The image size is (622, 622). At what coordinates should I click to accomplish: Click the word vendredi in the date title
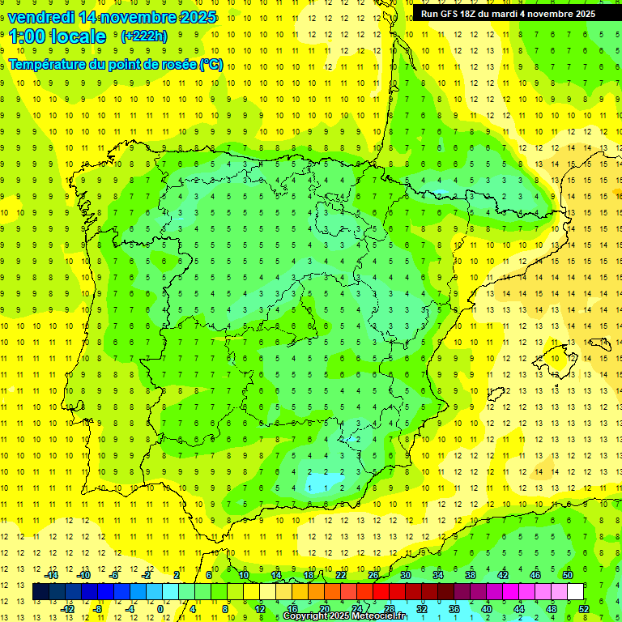point(40,17)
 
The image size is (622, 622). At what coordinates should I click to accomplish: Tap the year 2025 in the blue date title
point(194,17)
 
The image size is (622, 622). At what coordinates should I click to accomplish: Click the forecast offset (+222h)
point(143,36)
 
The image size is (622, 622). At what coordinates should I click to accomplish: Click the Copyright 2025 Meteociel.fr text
point(344,616)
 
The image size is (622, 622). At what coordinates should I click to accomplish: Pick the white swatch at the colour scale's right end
point(575,591)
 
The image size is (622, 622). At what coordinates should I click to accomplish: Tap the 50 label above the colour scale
point(567,575)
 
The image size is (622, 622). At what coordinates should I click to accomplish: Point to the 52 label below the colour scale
point(583,608)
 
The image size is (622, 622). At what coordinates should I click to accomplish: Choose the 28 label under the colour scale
point(389,608)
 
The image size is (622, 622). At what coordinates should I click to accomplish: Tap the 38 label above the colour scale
point(470,575)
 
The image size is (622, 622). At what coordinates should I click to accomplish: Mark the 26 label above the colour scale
point(373,575)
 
